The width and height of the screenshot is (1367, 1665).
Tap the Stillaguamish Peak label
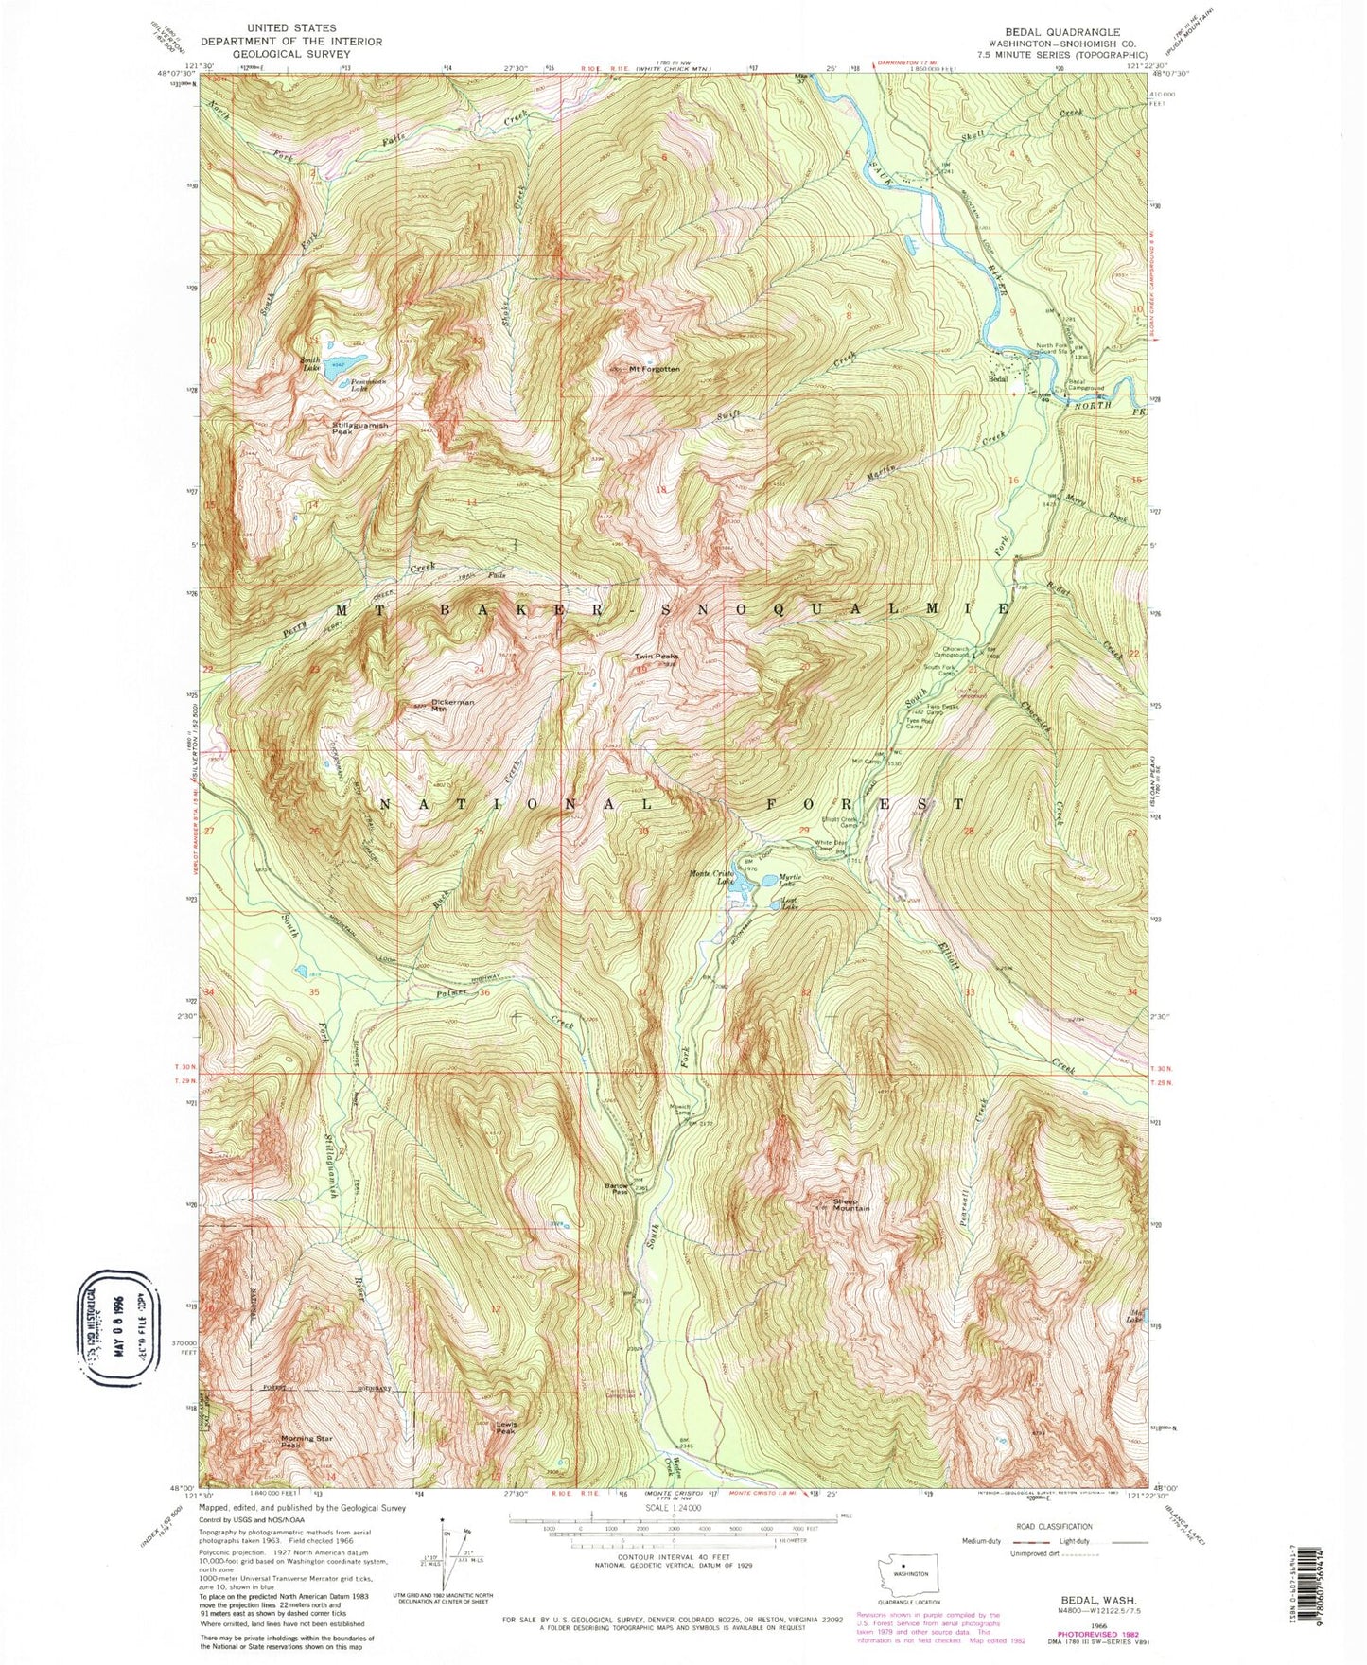pos(359,429)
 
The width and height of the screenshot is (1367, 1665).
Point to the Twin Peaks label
pos(656,656)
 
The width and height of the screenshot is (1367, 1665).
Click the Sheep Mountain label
pos(850,1204)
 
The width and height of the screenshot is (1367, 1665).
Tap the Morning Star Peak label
pos(305,1442)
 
